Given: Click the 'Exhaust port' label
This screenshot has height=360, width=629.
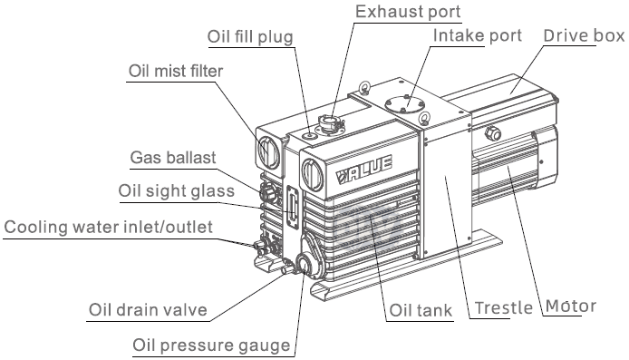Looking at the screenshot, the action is [x=408, y=11].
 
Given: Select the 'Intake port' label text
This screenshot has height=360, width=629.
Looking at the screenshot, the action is [x=478, y=35].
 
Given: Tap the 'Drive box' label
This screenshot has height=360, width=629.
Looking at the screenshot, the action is [x=584, y=35].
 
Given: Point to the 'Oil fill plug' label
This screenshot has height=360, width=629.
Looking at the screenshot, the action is [x=250, y=37].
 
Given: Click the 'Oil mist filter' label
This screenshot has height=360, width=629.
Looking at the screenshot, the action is [x=176, y=71].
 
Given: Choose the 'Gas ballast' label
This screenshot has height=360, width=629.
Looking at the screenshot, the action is [x=173, y=157].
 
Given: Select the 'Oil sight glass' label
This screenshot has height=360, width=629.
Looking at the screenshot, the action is [x=177, y=191].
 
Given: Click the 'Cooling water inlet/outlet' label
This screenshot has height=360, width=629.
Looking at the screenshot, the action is [x=109, y=227].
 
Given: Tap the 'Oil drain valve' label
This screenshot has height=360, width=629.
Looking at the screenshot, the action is [x=148, y=310].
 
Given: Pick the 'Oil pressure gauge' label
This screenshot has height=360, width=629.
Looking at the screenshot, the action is [x=211, y=345].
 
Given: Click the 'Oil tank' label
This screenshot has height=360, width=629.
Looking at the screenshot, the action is [x=421, y=311].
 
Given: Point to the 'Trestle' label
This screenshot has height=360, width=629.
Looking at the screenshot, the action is [x=504, y=308].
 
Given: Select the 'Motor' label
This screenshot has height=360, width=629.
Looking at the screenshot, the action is [x=571, y=306].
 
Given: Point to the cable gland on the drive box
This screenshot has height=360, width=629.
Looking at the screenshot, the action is [x=493, y=133].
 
